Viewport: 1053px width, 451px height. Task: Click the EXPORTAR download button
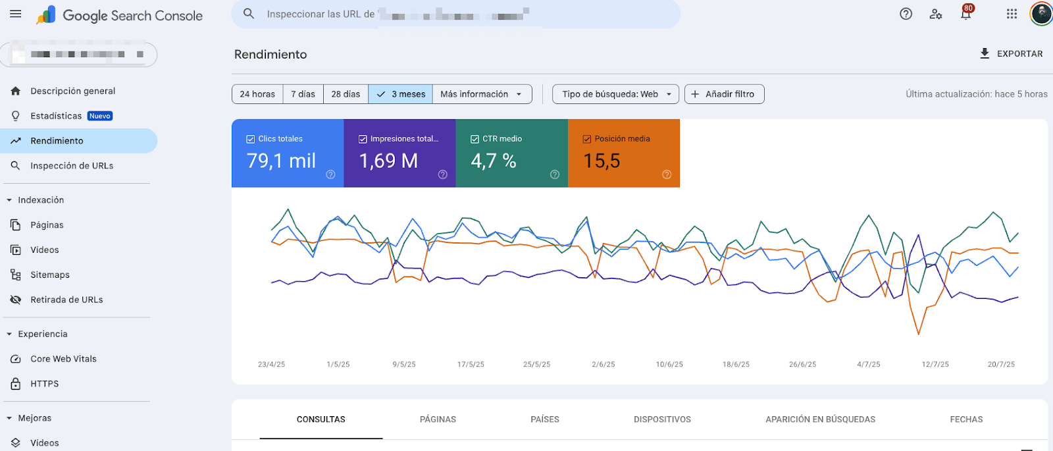(1011, 54)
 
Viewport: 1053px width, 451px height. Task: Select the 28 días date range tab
(346, 94)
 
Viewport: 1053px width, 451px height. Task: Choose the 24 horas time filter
(257, 94)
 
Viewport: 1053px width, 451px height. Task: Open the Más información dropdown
(482, 94)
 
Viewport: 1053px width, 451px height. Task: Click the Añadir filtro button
(724, 94)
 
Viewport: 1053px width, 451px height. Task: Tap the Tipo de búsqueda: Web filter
(616, 94)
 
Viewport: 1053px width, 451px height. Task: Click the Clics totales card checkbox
(251, 139)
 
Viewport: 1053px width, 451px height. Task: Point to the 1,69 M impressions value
(388, 161)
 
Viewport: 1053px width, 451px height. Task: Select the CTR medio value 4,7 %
(494, 161)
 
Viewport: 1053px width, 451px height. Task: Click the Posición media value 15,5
(602, 161)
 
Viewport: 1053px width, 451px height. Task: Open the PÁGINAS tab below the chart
(438, 419)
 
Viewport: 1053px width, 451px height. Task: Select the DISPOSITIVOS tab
(662, 419)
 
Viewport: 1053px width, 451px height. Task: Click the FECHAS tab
(966, 419)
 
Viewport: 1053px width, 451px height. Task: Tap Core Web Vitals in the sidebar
(63, 359)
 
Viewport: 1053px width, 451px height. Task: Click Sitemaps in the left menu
(49, 275)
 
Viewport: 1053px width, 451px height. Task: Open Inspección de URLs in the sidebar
(72, 166)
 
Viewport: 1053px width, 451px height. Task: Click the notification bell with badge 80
(965, 14)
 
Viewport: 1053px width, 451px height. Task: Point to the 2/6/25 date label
(603, 364)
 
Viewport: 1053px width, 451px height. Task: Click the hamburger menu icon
(16, 14)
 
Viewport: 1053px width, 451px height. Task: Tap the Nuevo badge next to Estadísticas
(100, 116)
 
